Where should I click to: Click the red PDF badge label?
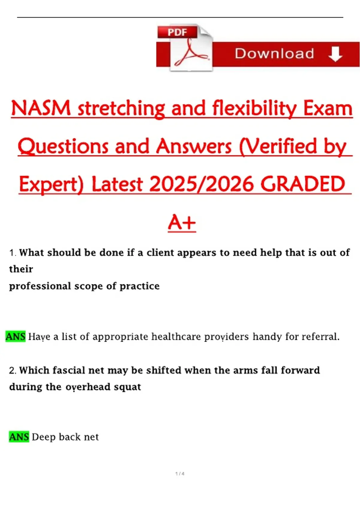(177, 32)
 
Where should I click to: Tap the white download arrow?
(335, 54)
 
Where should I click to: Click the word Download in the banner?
(274, 54)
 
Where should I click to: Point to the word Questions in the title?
(63, 146)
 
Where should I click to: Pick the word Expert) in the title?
(52, 184)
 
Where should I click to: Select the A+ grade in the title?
(182, 222)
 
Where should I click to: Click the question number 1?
(13, 253)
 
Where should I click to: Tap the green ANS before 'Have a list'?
(16, 337)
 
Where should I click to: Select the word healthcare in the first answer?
(176, 337)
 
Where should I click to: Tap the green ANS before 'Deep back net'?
(19, 437)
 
